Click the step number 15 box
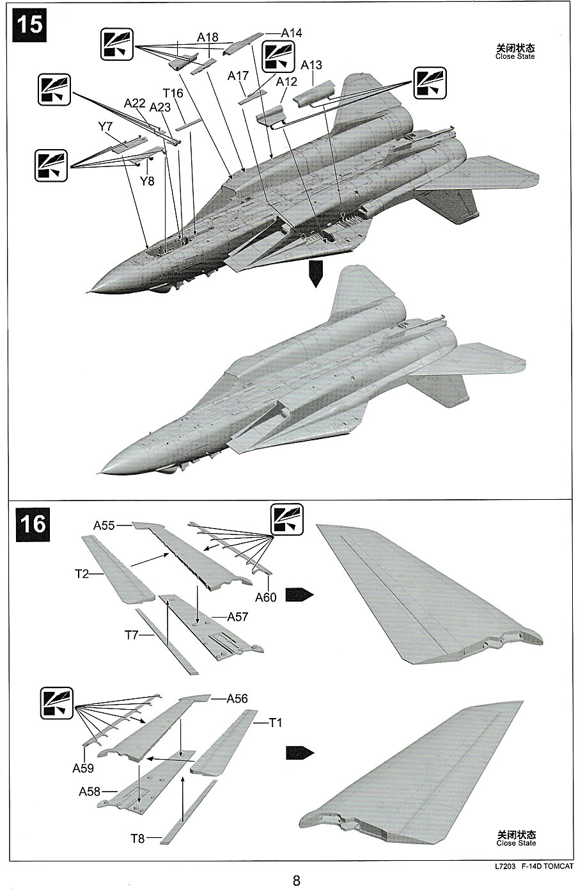tap(30, 25)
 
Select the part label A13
tap(311, 65)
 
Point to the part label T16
tap(173, 93)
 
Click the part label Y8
tap(147, 180)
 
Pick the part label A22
tap(135, 102)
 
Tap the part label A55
tap(104, 525)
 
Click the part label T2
tap(81, 573)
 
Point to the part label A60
tap(266, 597)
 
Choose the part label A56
tap(237, 698)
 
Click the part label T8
tap(137, 838)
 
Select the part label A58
tap(90, 792)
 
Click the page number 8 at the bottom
tap(296, 881)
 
